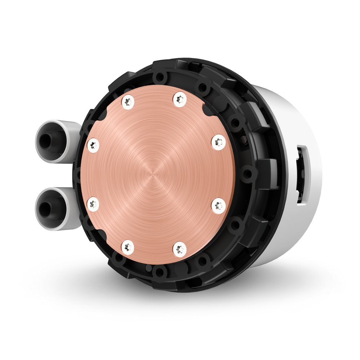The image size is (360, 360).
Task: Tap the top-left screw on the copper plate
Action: [x=127, y=102]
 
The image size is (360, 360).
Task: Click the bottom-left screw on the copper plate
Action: [x=127, y=247]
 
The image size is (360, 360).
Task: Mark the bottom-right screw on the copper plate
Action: [x=179, y=248]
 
